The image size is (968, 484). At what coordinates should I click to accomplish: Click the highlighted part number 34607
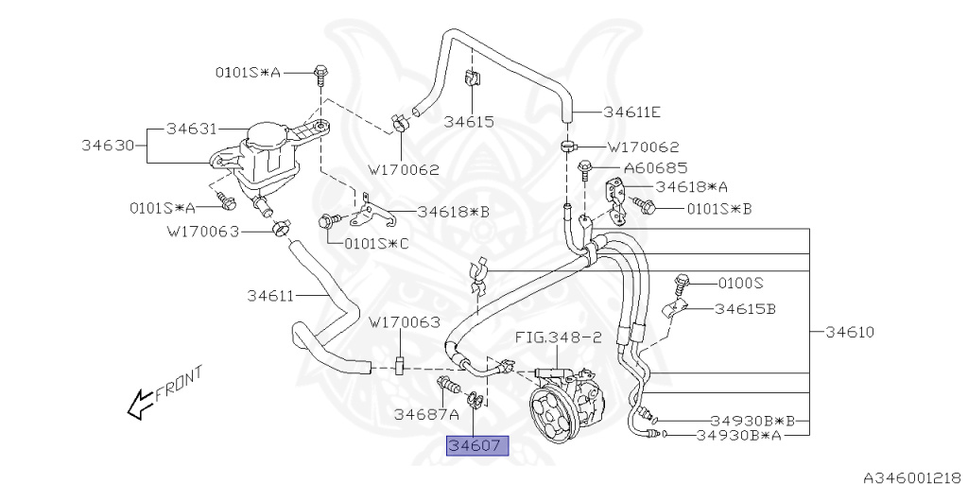(x=477, y=445)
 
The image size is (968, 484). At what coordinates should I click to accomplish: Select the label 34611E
(x=632, y=112)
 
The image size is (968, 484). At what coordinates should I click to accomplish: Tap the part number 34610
(x=848, y=332)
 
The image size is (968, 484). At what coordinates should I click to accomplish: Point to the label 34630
(x=105, y=146)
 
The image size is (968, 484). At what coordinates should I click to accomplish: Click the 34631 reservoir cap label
(x=192, y=128)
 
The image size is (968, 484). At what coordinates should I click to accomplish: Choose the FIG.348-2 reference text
(x=558, y=337)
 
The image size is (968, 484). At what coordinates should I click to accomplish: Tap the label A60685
(x=654, y=167)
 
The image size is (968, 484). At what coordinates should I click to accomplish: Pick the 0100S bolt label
(x=740, y=282)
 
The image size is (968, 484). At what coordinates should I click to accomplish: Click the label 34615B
(x=745, y=308)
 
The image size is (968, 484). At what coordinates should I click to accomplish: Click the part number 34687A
(x=426, y=413)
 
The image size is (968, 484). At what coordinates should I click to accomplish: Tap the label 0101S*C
(x=377, y=242)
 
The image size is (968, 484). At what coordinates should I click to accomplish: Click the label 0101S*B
(x=718, y=208)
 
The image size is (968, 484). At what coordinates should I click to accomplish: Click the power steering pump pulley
(x=552, y=408)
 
